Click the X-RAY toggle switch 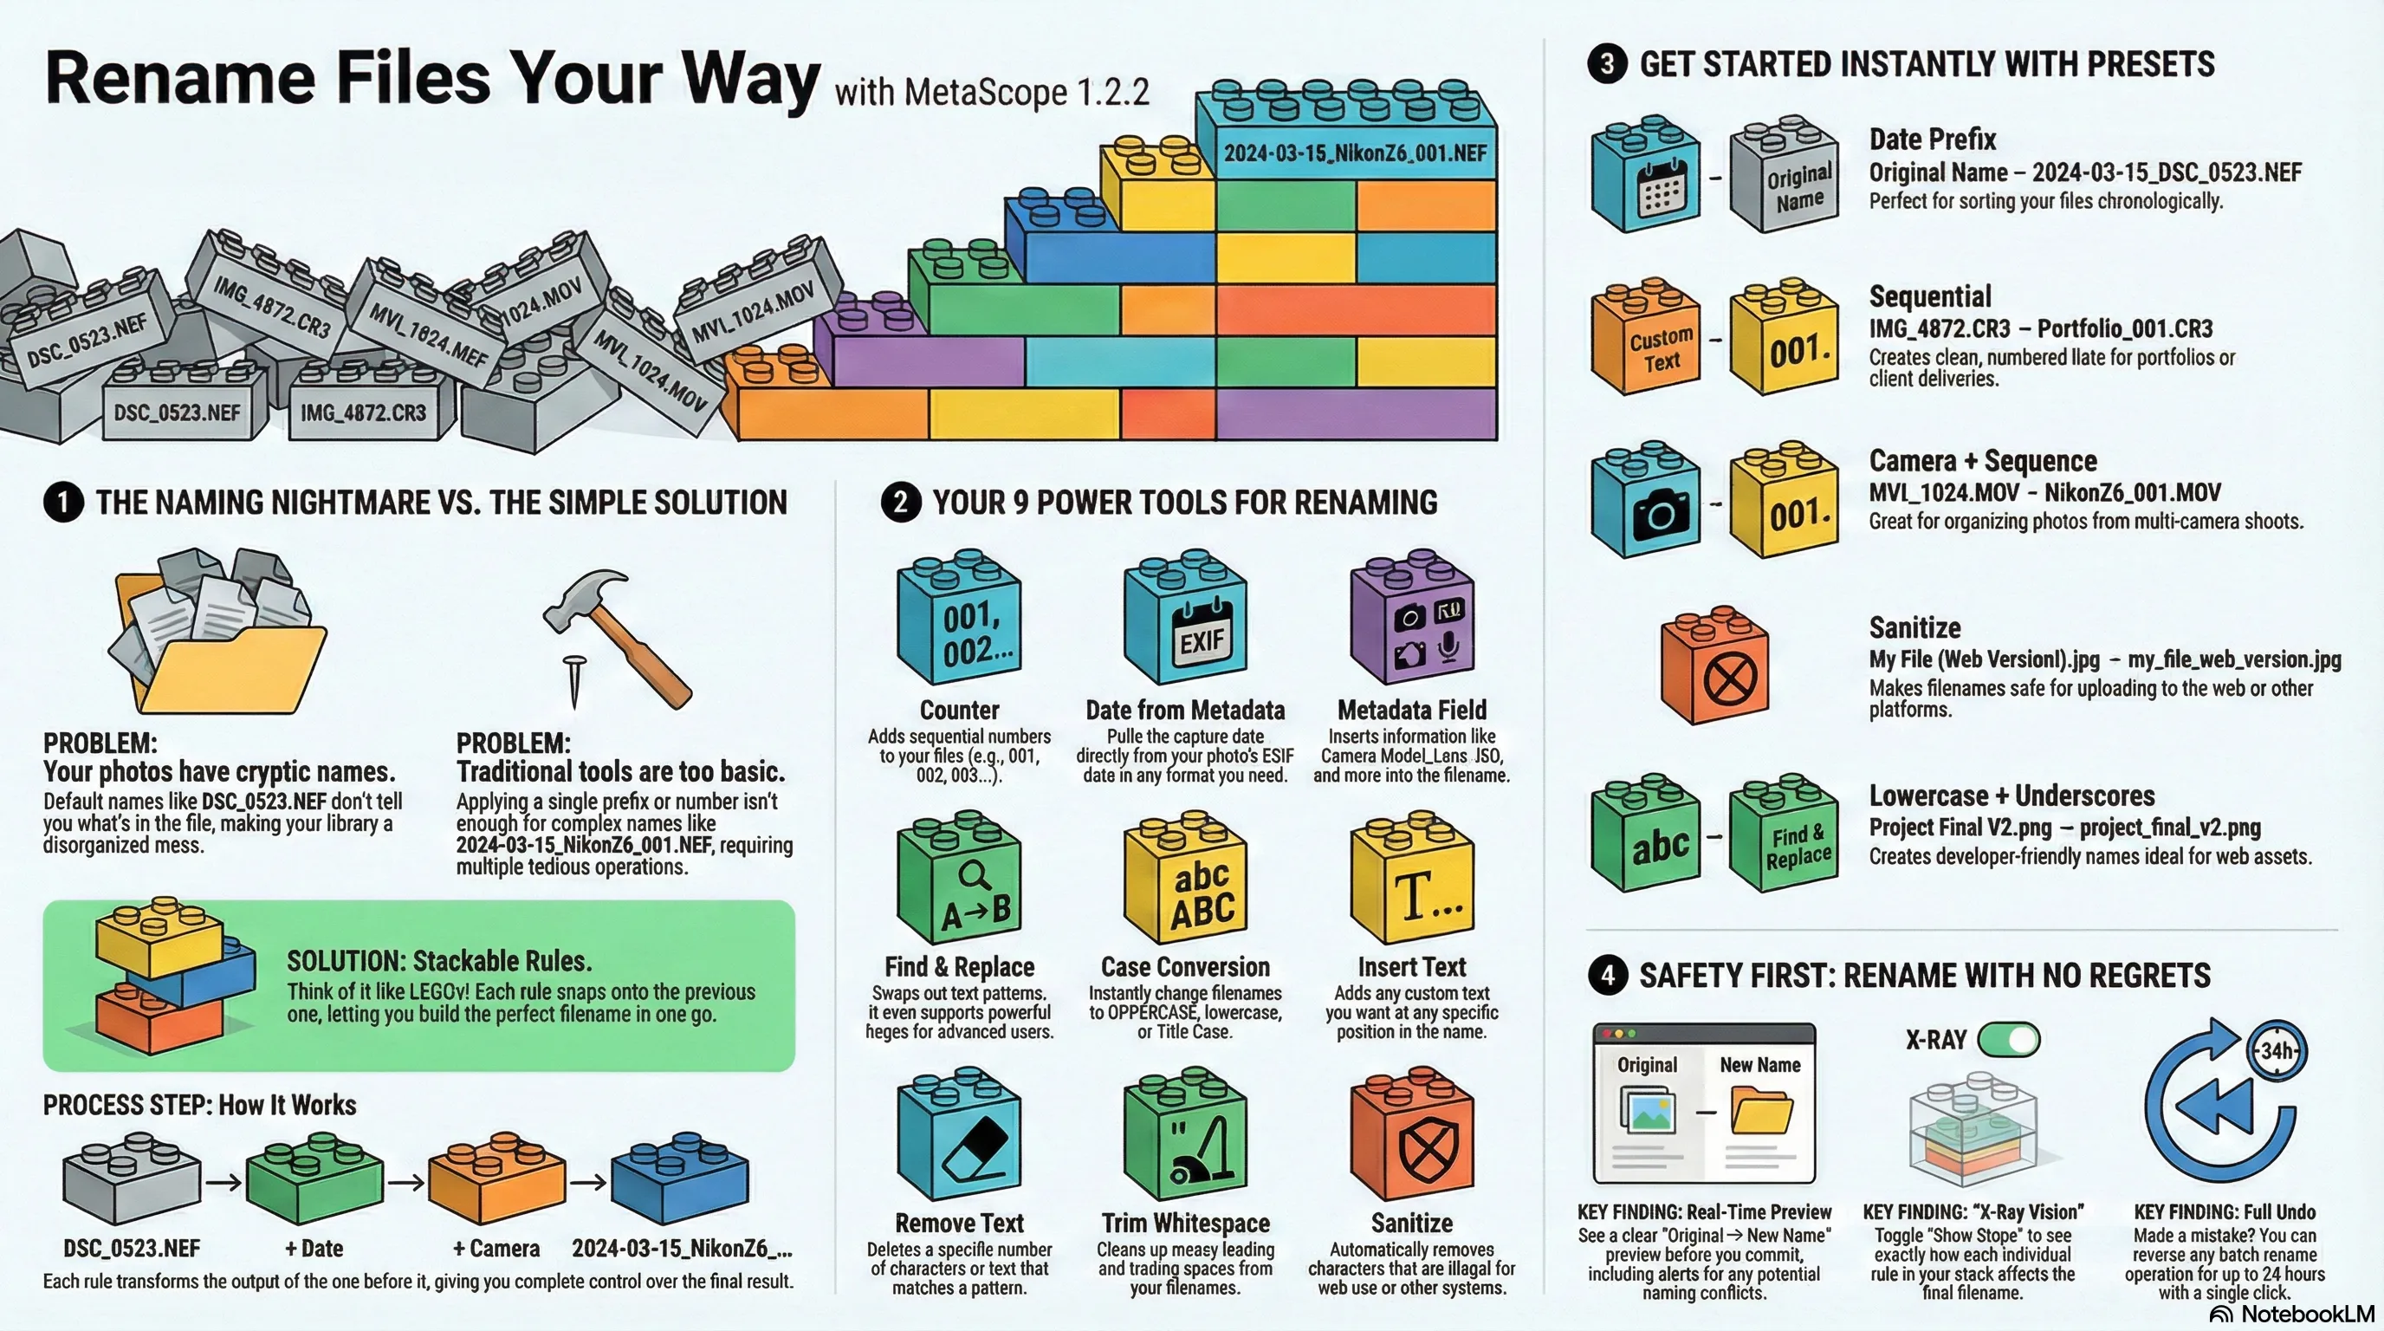click(x=2008, y=1040)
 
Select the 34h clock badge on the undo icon click(x=2276, y=1050)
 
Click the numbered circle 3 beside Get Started click(x=1608, y=64)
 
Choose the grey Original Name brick click(x=1784, y=173)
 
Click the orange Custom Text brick click(x=1645, y=337)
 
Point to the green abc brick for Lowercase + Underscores click(x=1645, y=833)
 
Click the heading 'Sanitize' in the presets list click(x=1914, y=627)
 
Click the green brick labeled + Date click(x=314, y=1181)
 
